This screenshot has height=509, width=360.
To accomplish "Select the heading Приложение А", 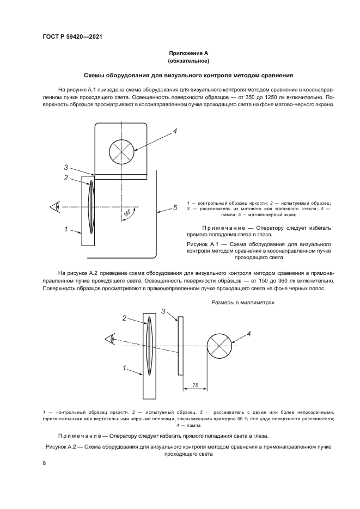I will coord(188,53).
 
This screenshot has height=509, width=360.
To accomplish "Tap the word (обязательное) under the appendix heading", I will coord(188,62).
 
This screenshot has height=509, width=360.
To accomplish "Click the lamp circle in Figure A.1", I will coord(121,150).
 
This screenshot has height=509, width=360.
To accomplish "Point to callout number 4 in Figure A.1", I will coord(175,131).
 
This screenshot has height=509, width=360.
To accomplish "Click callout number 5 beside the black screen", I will coord(175,207).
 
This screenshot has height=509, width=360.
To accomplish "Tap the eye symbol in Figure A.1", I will coord(54,207).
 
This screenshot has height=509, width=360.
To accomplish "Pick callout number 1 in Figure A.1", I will coord(65,230).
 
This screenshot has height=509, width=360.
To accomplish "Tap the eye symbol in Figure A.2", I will coord(110,340).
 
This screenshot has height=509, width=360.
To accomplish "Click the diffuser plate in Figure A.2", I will coord(180,346).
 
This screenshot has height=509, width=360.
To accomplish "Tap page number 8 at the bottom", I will coord(44,462).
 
